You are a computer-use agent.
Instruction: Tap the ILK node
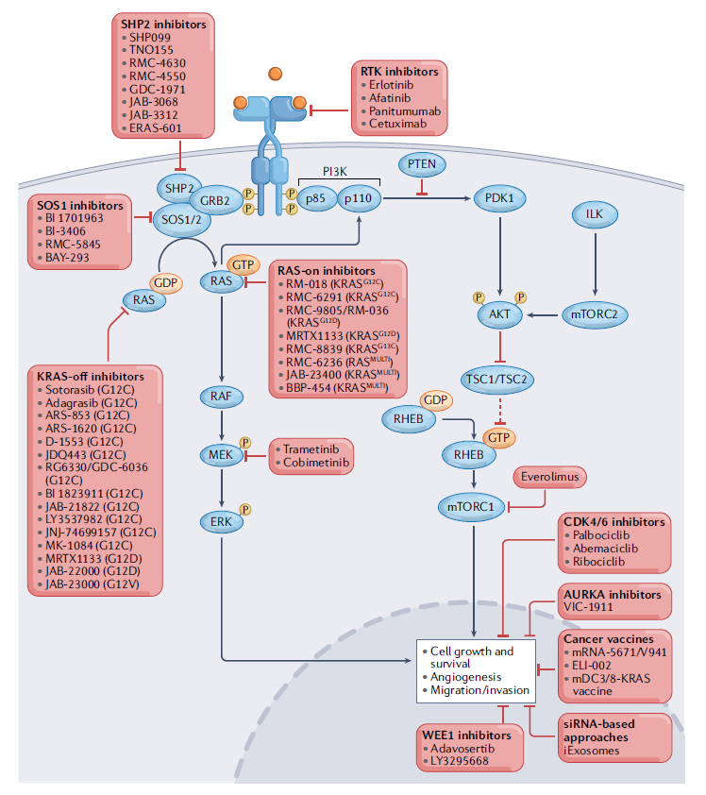click(x=594, y=214)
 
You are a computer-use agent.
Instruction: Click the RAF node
click(x=221, y=397)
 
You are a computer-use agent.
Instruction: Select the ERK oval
click(x=221, y=520)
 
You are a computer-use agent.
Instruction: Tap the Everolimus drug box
click(x=550, y=477)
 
